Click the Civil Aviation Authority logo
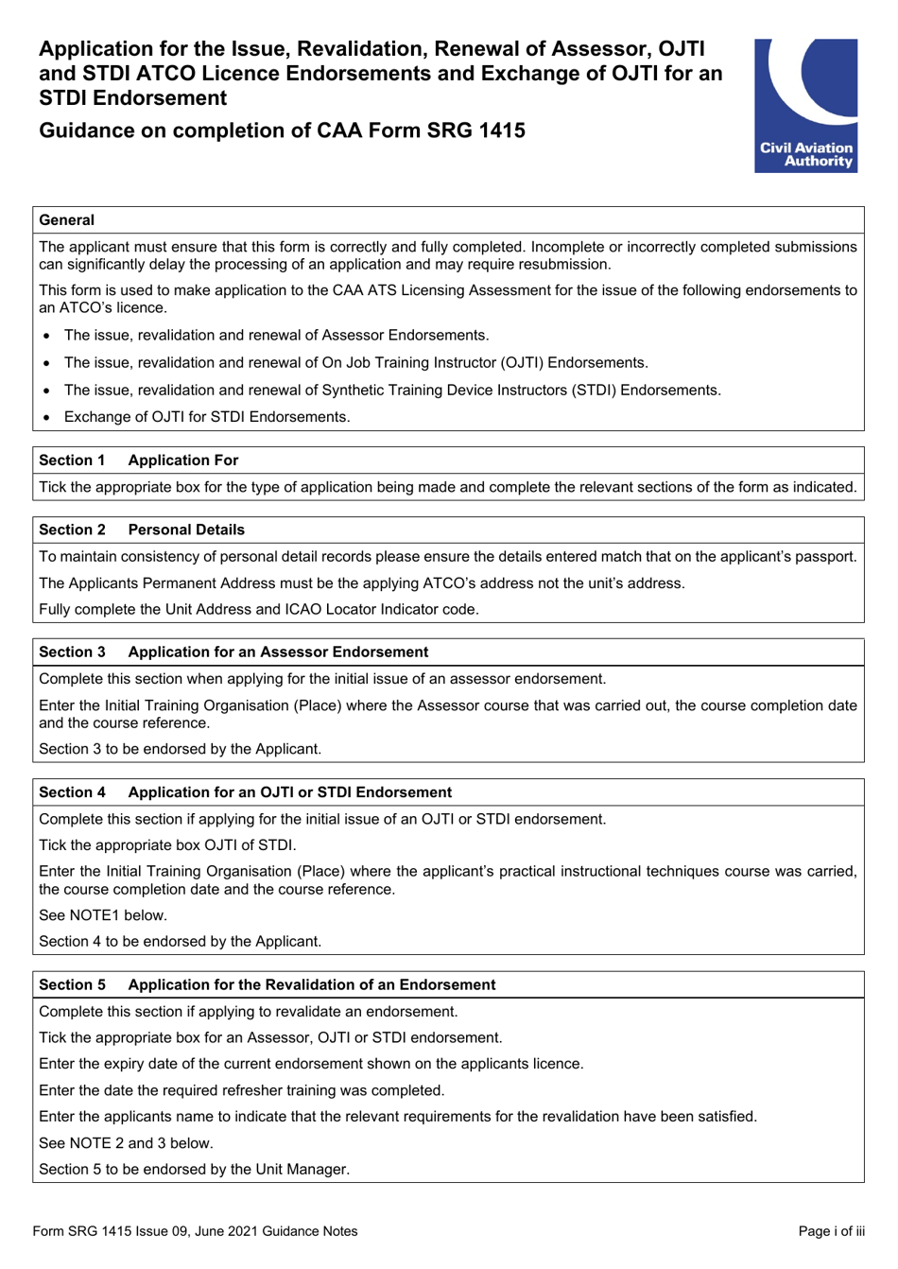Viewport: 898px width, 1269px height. pyautogui.click(x=805, y=105)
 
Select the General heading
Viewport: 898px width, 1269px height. pyautogui.click(x=66, y=220)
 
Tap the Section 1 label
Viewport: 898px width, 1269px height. pyautogui.click(x=72, y=461)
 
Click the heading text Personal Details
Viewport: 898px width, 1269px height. pyautogui.click(x=186, y=530)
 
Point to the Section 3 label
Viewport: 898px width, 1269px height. pyautogui.click(x=72, y=652)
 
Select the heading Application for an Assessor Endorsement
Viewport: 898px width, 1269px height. pyautogui.click(x=278, y=652)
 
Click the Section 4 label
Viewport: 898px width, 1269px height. pyautogui.click(x=72, y=792)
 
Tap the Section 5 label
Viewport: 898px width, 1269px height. pyautogui.click(x=72, y=985)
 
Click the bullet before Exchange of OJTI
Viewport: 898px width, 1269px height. pyautogui.click(x=46, y=418)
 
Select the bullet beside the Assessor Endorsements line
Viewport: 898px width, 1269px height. pyautogui.click(x=46, y=336)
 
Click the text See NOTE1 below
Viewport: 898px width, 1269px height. pyautogui.click(x=102, y=915)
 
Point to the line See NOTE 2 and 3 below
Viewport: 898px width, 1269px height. pyautogui.click(x=126, y=1143)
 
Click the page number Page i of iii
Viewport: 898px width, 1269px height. pyautogui.click(x=831, y=1231)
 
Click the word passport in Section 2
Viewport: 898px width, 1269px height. pyautogui.click(x=825, y=557)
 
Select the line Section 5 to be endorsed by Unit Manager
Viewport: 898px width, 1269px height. pyautogui.click(x=194, y=1170)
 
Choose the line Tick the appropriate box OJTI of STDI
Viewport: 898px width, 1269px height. pyautogui.click(x=167, y=845)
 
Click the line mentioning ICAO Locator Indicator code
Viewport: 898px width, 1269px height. pyautogui.click(x=258, y=610)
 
